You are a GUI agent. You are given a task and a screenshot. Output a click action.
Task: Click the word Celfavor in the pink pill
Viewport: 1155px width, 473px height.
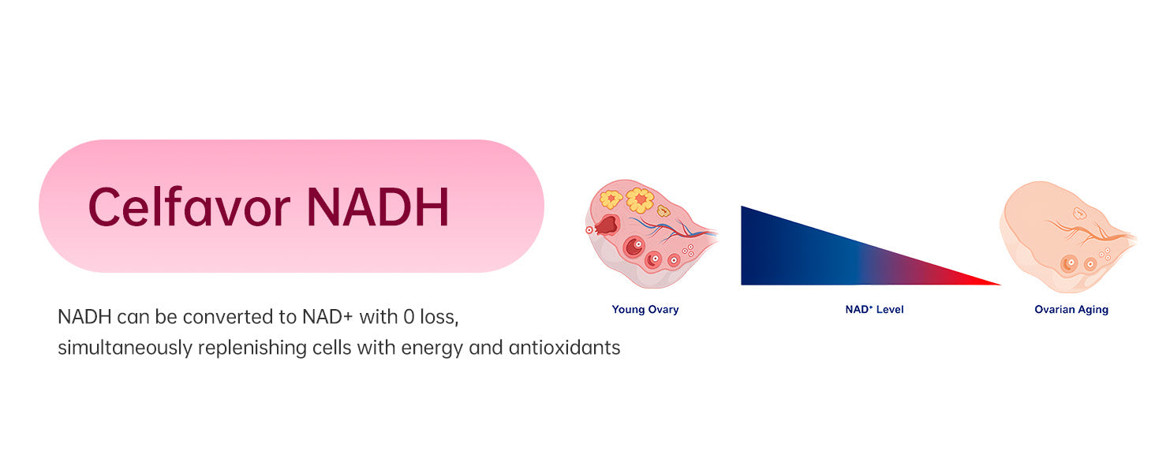189,207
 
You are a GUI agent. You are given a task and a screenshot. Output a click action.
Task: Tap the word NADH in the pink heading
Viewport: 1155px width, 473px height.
378,207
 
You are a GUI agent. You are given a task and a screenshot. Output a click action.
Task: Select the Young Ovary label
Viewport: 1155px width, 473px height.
645,310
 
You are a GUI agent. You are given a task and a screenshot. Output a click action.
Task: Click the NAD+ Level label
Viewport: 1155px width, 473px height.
874,309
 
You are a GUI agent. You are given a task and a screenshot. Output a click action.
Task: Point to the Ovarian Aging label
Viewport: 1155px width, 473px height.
1071,310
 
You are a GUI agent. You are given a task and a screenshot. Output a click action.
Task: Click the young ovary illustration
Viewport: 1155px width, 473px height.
652,233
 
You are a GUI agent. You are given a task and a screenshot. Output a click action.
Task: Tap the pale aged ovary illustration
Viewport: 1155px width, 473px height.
1067,237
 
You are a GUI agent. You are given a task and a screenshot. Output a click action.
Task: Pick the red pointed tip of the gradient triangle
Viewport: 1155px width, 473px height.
1000,284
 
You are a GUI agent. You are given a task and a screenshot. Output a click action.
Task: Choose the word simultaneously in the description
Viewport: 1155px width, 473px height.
125,348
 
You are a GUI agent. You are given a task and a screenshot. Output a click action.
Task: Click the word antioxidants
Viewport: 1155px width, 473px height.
565,348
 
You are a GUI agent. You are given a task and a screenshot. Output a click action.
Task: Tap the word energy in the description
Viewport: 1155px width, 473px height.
432,348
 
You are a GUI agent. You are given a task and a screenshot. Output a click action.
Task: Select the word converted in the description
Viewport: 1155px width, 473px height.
228,317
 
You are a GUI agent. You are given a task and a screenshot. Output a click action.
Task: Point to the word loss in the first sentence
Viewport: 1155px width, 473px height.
439,317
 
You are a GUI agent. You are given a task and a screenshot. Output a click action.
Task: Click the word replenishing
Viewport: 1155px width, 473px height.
252,348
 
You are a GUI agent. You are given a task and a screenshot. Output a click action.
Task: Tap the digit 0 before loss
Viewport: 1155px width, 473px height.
409,317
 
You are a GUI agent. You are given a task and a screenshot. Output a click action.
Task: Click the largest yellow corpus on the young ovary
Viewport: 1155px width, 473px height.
640,200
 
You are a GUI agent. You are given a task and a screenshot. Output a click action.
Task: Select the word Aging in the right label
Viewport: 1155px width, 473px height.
1093,310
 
